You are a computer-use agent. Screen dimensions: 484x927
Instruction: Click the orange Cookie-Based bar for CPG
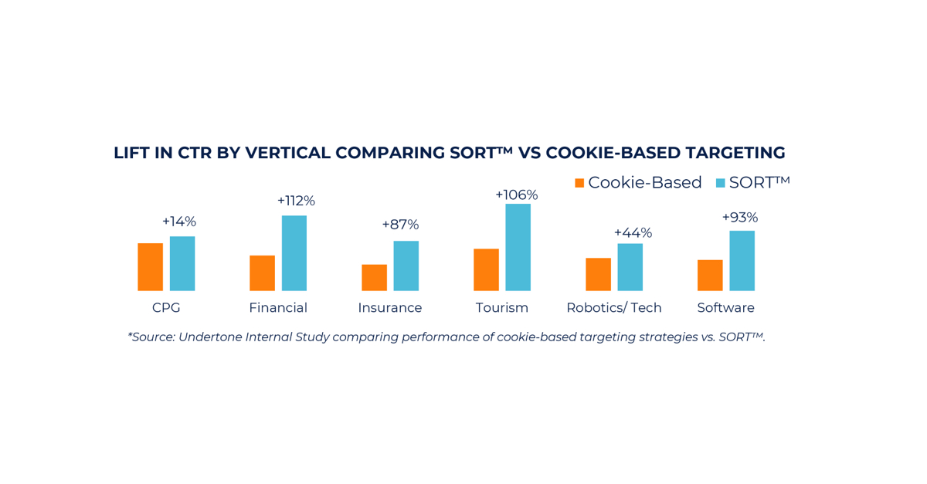(x=151, y=267)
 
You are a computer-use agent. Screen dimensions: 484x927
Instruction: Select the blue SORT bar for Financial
(x=294, y=253)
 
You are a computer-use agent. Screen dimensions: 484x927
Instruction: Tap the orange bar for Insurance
(x=375, y=278)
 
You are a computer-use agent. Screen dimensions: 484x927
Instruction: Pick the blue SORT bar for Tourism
(x=518, y=247)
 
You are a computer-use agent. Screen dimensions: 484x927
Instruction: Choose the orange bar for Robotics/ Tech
(x=598, y=274)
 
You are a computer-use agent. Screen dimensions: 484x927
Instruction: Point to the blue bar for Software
(x=742, y=261)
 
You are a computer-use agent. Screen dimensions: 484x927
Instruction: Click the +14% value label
(x=179, y=222)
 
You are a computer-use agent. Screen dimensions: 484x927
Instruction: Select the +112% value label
(x=296, y=201)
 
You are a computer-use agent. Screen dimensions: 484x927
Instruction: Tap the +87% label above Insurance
(x=400, y=225)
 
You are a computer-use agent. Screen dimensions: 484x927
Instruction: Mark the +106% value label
(x=516, y=195)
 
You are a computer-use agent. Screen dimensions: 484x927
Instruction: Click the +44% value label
(x=633, y=232)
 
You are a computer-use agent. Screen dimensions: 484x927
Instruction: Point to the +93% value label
(x=739, y=218)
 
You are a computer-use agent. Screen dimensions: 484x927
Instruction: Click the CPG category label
(x=166, y=307)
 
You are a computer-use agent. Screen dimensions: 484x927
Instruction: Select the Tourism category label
(x=502, y=307)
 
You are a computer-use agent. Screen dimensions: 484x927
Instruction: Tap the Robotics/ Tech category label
(x=614, y=307)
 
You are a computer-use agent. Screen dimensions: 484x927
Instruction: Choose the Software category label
(x=725, y=307)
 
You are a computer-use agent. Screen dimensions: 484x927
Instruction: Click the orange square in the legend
(x=579, y=183)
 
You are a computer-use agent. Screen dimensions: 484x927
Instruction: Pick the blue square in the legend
(x=721, y=183)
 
